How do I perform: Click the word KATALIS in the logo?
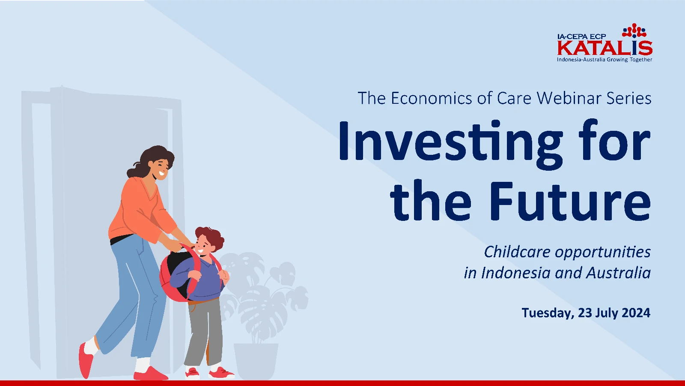point(605,48)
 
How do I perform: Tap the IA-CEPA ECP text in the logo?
point(581,36)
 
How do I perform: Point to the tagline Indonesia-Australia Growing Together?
point(604,60)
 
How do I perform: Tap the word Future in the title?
point(570,201)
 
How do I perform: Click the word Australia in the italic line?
point(618,272)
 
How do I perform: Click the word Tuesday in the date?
point(548,313)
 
